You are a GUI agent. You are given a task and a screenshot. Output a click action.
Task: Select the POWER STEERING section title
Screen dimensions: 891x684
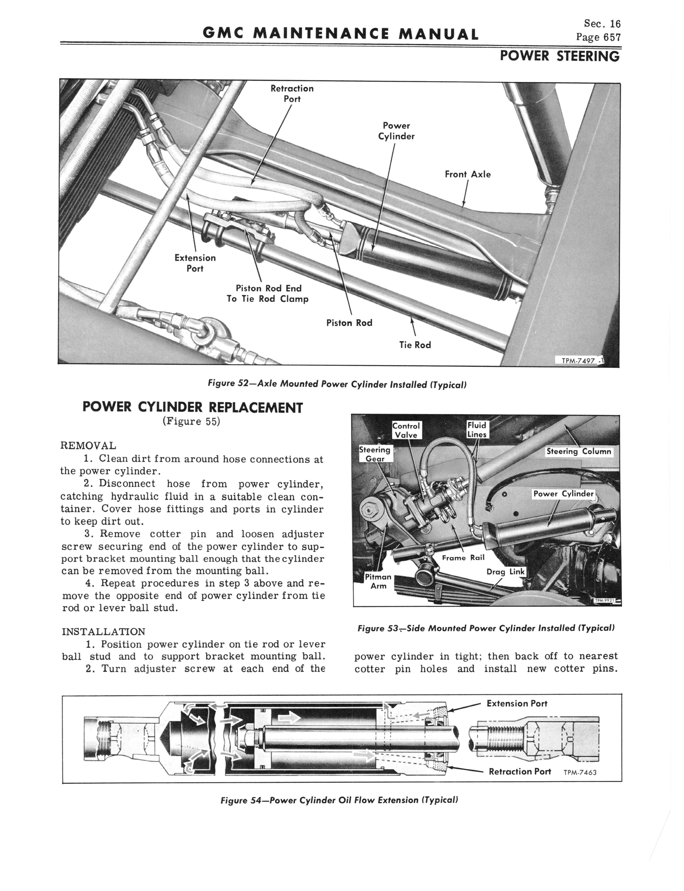click(x=559, y=56)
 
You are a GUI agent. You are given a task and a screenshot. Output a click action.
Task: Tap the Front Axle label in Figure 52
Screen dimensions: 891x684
click(x=467, y=174)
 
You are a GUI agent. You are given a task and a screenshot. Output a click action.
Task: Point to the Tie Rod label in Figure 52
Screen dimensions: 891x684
click(x=415, y=345)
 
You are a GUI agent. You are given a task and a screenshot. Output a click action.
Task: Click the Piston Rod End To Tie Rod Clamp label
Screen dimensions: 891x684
click(x=268, y=294)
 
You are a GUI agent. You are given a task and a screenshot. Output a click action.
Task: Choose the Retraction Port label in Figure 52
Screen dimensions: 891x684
click(x=292, y=94)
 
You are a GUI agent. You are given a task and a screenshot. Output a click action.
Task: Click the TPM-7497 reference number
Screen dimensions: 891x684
click(x=578, y=361)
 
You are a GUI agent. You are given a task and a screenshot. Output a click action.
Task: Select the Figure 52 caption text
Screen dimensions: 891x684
click(x=337, y=384)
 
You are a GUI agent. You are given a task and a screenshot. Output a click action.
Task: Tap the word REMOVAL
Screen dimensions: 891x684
click(x=88, y=445)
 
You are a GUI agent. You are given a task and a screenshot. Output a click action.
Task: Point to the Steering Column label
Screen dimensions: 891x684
click(x=579, y=451)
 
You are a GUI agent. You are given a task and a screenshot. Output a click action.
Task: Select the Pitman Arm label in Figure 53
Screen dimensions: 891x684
click(x=378, y=581)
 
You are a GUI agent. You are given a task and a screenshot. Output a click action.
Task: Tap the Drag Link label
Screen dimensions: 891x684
click(x=506, y=571)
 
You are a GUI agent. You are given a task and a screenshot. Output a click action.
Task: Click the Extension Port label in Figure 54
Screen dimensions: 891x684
click(x=517, y=703)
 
